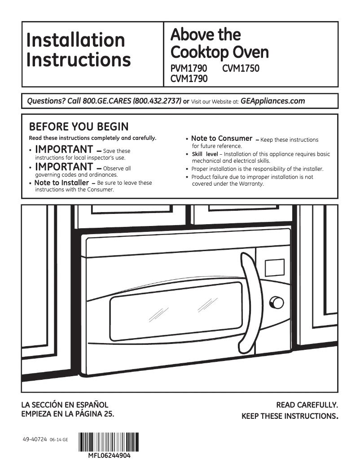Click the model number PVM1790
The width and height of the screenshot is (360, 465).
(189, 69)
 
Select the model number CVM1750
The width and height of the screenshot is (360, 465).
(241, 69)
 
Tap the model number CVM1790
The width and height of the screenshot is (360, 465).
(189, 79)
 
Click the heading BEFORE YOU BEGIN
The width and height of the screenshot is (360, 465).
(79, 127)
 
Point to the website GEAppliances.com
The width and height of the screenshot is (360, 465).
(272, 101)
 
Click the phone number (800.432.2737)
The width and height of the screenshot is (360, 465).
(157, 101)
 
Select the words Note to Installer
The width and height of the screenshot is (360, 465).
(61, 183)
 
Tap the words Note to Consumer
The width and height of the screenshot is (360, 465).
(222, 139)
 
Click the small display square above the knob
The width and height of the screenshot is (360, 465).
(275, 268)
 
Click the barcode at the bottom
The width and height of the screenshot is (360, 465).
(109, 442)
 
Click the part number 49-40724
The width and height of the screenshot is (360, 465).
(34, 440)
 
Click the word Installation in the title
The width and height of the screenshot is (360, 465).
(75, 40)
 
